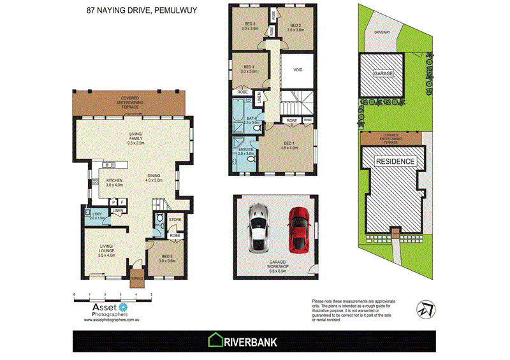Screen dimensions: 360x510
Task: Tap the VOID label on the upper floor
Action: pos(297,70)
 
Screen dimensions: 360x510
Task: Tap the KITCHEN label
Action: pos(114,181)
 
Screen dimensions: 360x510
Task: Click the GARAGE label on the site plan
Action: pos(383,74)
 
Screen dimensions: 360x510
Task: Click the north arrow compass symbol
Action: pos(424,308)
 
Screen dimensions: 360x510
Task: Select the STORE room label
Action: pos(175,220)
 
